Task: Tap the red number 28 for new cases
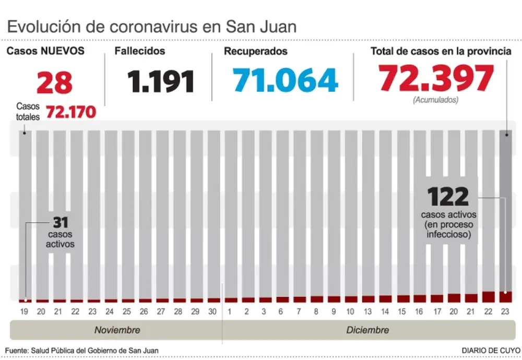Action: coord(54,83)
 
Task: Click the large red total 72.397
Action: coord(436,78)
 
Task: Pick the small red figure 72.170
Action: coord(71,112)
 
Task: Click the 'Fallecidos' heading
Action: coord(139,51)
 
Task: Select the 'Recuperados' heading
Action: coord(256,51)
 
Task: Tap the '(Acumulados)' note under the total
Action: coord(435,100)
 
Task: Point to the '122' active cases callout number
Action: coord(448,197)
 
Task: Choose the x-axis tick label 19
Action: coord(23,311)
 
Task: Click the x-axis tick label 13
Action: coord(367,311)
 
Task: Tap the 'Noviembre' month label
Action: coord(117,330)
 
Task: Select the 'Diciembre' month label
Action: coord(367,330)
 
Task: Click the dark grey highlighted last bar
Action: coord(505,209)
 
